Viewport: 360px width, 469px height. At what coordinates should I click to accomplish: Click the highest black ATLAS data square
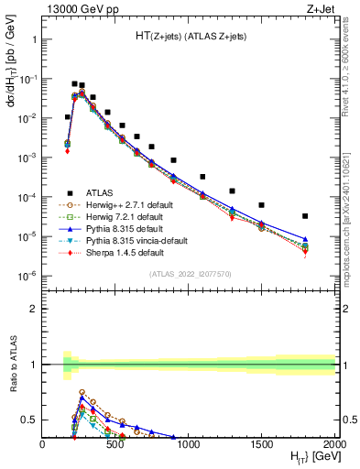[74, 83]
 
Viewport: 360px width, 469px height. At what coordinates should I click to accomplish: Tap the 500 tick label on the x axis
[115, 445]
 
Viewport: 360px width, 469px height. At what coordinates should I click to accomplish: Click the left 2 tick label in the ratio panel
[33, 309]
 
